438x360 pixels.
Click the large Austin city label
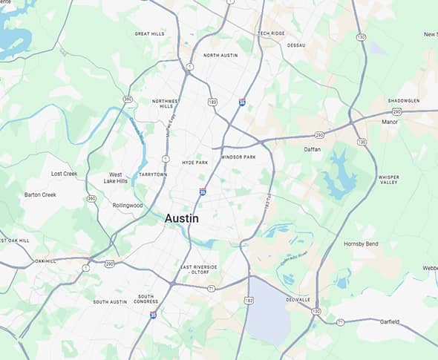pyautogui.click(x=181, y=219)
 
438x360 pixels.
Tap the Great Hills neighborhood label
pyautogui.click(x=149, y=33)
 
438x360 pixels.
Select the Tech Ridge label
pyautogui.click(x=271, y=33)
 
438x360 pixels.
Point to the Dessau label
pyautogui.click(x=296, y=45)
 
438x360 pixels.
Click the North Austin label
pyautogui.click(x=220, y=56)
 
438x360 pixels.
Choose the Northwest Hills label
pyautogui.click(x=166, y=104)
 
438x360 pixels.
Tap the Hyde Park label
pyautogui.click(x=195, y=162)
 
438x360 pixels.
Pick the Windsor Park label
pyautogui.click(x=238, y=157)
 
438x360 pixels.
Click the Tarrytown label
pyautogui.click(x=152, y=174)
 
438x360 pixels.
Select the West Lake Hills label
pyautogui.click(x=115, y=178)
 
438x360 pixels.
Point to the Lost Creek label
pyautogui.click(x=64, y=174)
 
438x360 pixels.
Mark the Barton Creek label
pyautogui.click(x=40, y=194)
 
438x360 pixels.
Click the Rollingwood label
pyautogui.click(x=127, y=206)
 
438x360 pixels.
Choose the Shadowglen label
pyautogui.click(x=405, y=101)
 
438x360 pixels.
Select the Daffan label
pyautogui.click(x=313, y=149)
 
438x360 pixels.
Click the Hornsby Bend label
pyautogui.click(x=362, y=244)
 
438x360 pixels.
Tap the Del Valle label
pyautogui.click(x=298, y=300)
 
